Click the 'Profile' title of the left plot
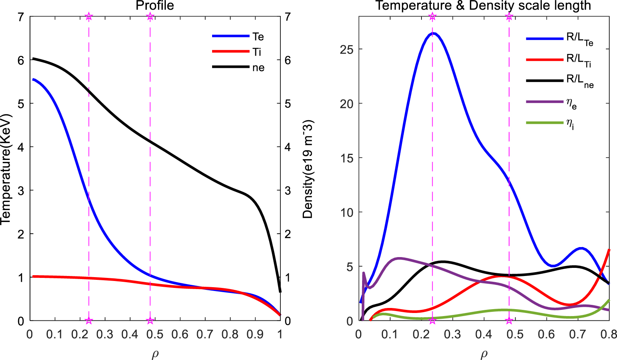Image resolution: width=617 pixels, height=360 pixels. pyautogui.click(x=155, y=6)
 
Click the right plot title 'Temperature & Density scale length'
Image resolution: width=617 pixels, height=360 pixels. pyautogui.click(x=483, y=6)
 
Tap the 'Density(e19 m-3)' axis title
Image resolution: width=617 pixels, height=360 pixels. pyautogui.click(x=308, y=169)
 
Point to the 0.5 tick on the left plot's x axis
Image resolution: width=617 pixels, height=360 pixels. pyautogui.click(x=155, y=334)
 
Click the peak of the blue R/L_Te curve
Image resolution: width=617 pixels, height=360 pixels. pyautogui.click(x=433, y=34)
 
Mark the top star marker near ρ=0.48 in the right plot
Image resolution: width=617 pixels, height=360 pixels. pyautogui.click(x=509, y=17)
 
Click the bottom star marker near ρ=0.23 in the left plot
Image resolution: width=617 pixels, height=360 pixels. pyautogui.click(x=89, y=321)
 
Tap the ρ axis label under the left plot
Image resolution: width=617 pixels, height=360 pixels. pyautogui.click(x=155, y=354)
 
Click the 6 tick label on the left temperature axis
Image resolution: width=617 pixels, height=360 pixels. pyautogui.click(x=21, y=61)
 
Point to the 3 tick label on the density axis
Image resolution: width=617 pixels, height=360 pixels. pyautogui.click(x=287, y=191)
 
